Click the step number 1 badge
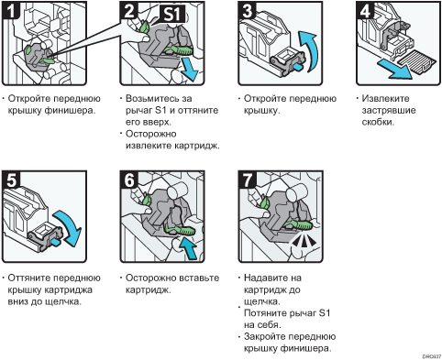[11, 10]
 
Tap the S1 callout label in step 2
[172, 14]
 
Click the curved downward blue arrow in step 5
[70, 226]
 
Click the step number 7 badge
[248, 180]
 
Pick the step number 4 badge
[365, 11]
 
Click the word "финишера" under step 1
[70, 111]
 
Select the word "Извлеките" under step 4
[385, 98]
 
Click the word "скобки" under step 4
[378, 122]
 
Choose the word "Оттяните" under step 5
[30, 278]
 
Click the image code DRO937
[432, 356]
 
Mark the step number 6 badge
[129, 180]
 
